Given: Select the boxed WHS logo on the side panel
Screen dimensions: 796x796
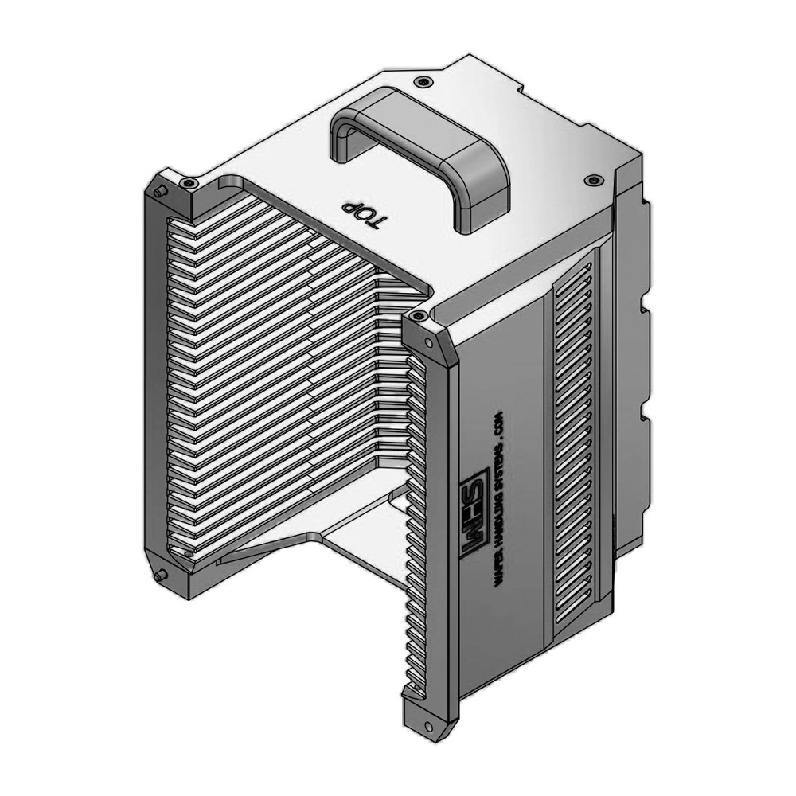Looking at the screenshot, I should tap(469, 518).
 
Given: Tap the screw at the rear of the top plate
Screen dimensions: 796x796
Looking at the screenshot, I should tap(421, 81).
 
